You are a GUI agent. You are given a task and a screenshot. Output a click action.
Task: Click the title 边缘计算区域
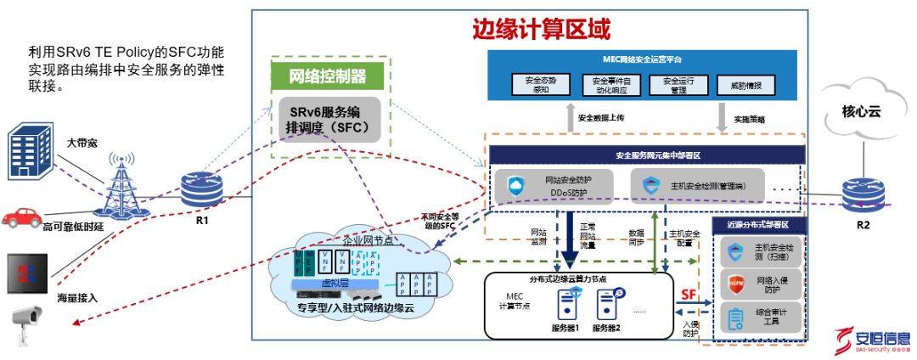[541, 31]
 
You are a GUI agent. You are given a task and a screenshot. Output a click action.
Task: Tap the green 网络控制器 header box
[328, 76]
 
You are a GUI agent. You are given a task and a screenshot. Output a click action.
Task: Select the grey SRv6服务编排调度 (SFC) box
[328, 120]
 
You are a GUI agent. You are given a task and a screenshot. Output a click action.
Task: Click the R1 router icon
[201, 189]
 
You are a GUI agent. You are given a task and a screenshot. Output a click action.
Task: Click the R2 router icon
[862, 194]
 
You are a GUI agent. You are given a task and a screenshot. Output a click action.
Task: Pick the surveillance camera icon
[26, 320]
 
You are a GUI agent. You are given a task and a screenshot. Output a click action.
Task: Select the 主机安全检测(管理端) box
[698, 185]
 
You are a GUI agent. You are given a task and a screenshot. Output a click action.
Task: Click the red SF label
[689, 295]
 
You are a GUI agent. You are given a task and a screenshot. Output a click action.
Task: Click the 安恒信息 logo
[871, 340]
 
